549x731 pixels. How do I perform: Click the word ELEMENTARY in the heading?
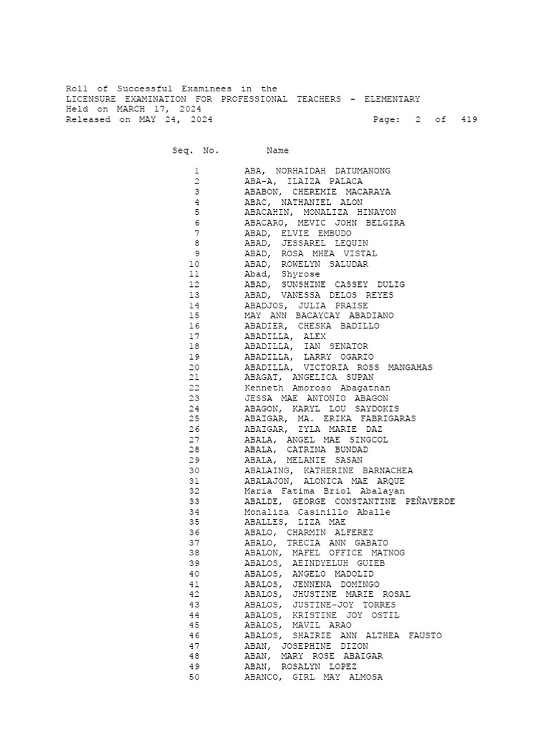point(392,99)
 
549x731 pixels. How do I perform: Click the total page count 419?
point(469,120)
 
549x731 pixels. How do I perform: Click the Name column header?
point(277,151)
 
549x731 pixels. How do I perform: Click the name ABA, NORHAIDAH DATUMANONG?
point(317,171)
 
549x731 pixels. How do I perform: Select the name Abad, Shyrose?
point(282,274)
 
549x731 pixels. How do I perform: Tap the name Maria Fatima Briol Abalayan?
point(324,491)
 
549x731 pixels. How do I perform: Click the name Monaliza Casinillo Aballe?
point(317,512)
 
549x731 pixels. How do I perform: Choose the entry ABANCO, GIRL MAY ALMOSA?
point(313,677)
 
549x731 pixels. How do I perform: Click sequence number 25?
point(194,419)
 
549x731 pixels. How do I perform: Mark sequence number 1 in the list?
point(197,171)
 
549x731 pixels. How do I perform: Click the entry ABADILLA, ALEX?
point(285,336)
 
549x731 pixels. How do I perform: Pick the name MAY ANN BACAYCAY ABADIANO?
point(319,316)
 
